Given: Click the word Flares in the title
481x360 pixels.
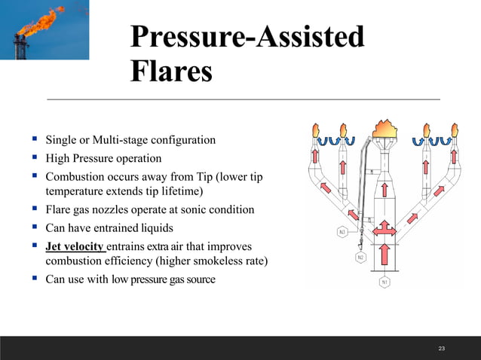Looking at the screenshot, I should [170, 73].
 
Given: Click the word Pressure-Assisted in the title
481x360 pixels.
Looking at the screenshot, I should [247, 38].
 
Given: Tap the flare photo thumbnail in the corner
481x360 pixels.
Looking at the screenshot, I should [44, 30].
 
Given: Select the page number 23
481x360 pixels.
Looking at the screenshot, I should [442, 348].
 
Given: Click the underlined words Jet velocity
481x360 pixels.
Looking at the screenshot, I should [75, 247].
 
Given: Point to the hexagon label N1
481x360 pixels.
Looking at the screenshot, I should [384, 282].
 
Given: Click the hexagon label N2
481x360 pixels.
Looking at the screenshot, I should [360, 257].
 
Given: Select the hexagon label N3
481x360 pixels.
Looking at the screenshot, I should [342, 232].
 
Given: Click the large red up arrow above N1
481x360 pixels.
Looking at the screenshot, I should [384, 257].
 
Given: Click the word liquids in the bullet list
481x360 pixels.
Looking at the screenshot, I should [153, 227].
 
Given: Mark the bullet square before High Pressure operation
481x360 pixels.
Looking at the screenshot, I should [35, 158].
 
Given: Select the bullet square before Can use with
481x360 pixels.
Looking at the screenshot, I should [35, 279].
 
